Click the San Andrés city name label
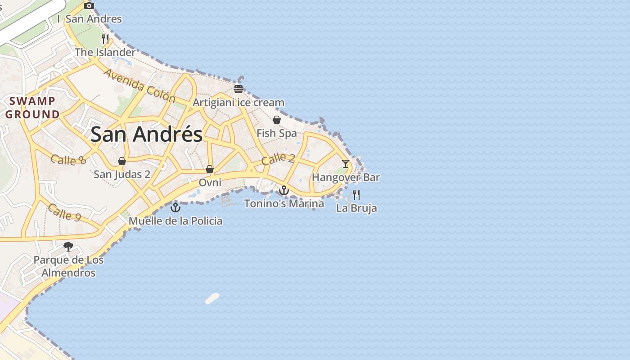(x=147, y=134)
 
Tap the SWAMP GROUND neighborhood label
(x=32, y=108)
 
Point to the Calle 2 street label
(x=278, y=159)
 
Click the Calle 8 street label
(x=68, y=160)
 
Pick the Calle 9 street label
(x=64, y=212)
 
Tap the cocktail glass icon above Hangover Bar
(x=345, y=163)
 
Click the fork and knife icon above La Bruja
(x=356, y=194)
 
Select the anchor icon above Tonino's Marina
(x=283, y=190)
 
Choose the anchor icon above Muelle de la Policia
(x=175, y=207)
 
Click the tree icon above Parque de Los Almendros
(x=68, y=247)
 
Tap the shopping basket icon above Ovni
(x=209, y=169)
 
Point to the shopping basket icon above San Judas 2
(x=121, y=161)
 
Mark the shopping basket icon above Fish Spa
(x=277, y=120)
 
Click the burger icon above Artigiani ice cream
(x=238, y=89)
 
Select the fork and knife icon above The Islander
(x=105, y=39)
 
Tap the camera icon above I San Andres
(x=89, y=5)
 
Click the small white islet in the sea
(x=212, y=298)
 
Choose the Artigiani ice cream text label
(x=238, y=103)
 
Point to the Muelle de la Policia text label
(x=175, y=221)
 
